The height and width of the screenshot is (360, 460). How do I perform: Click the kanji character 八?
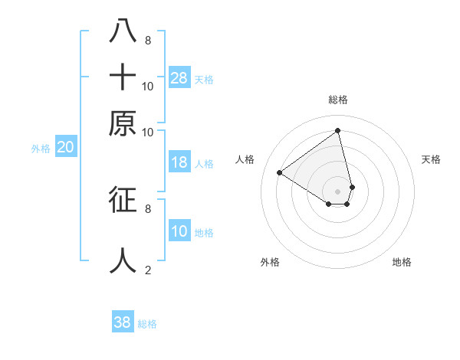pyautogui.click(x=123, y=31)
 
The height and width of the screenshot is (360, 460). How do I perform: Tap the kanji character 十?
pyautogui.click(x=123, y=77)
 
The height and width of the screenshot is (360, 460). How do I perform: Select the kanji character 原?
pyautogui.click(x=123, y=123)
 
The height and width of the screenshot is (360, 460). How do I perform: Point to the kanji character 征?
pyautogui.click(x=123, y=199)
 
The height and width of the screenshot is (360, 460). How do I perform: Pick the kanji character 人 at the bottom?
pyautogui.click(x=123, y=260)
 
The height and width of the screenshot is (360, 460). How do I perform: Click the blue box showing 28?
pyautogui.click(x=179, y=78)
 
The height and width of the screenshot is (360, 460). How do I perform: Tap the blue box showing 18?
pyautogui.click(x=179, y=162)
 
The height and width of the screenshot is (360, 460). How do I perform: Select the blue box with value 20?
pyautogui.click(x=65, y=148)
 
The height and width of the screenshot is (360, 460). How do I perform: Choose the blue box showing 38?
pyautogui.click(x=123, y=322)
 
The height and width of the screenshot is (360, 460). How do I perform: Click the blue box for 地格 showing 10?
pyautogui.click(x=179, y=231)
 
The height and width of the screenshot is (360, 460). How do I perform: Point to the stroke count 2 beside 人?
pyautogui.click(x=148, y=270)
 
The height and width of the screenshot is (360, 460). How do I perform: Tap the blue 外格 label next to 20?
pyautogui.click(x=40, y=149)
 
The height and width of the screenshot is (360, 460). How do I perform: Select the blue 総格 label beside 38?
pyautogui.click(x=147, y=324)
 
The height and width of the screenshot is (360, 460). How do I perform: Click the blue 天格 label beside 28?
pyautogui.click(x=204, y=80)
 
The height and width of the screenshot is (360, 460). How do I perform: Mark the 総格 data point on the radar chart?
pyautogui.click(x=337, y=130)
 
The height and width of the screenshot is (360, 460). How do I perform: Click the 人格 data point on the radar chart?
pyautogui.click(x=280, y=172)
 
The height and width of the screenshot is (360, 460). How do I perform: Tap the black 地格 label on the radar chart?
pyautogui.click(x=402, y=263)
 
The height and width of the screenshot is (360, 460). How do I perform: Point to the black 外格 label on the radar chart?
pyautogui.click(x=270, y=263)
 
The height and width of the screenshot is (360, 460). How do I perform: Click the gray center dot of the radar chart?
pyautogui.click(x=337, y=191)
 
